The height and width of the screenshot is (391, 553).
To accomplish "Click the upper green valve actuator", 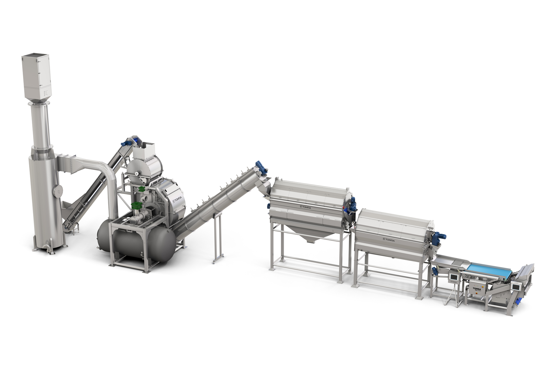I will click(141, 189).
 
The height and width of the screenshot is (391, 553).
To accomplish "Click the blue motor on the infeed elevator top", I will click(126, 142).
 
